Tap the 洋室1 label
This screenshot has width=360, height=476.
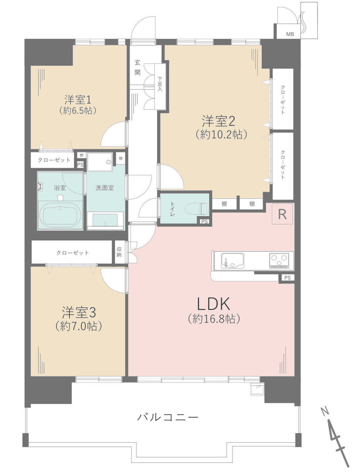click(x=78, y=99)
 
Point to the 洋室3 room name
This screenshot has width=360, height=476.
click(x=79, y=312)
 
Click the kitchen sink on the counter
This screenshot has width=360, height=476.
click(x=232, y=260)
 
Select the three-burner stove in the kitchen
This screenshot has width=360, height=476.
click(x=279, y=260)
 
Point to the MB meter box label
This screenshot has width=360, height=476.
click(x=290, y=34)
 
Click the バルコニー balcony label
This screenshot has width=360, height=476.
click(x=168, y=417)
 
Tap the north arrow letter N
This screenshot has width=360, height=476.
click(x=325, y=411)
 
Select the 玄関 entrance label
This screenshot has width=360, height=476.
click(x=137, y=67)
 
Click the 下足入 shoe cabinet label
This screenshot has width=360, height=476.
click(x=160, y=84)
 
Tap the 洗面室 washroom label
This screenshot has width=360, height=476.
click(x=104, y=188)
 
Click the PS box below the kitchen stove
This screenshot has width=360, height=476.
click(x=287, y=278)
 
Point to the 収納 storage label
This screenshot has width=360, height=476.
click(x=119, y=252)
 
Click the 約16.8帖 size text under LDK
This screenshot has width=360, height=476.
click(x=214, y=319)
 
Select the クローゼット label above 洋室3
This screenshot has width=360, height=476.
click(x=72, y=253)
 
